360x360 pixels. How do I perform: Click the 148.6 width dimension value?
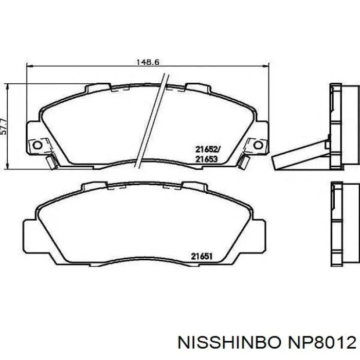148,62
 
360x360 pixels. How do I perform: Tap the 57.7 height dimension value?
4,127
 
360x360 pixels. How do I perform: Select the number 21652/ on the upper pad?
208,150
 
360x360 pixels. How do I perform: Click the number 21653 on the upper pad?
206,159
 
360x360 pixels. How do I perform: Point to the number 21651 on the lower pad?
202,256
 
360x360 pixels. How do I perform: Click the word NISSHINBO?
229,343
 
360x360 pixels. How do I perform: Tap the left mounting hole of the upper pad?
37,145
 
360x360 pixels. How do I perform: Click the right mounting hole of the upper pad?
258,145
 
